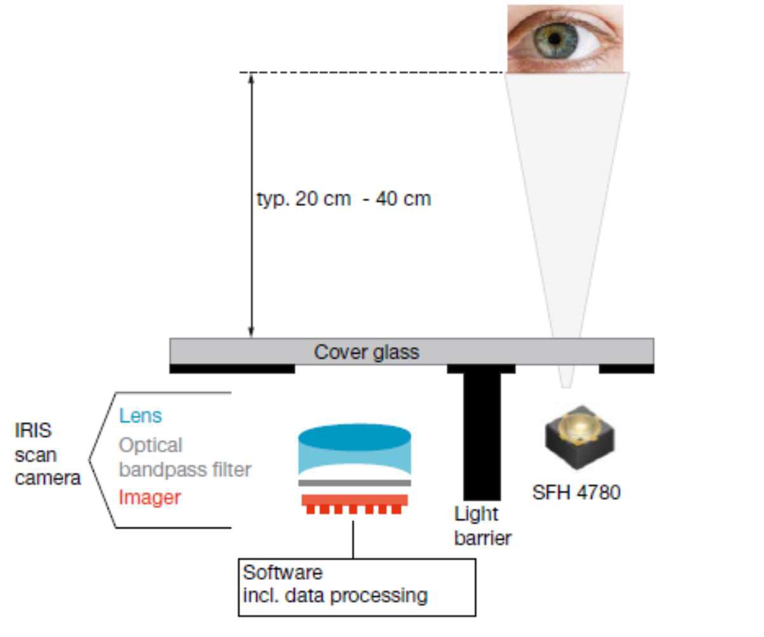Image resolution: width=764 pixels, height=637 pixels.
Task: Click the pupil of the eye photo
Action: [x=555, y=39]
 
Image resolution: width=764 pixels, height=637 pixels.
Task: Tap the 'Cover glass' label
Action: [x=366, y=352]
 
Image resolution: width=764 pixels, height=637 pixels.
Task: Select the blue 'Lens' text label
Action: [x=140, y=416]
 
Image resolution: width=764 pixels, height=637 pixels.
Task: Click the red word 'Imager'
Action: [x=149, y=498]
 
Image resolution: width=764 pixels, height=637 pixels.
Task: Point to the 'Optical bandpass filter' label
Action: [x=185, y=458]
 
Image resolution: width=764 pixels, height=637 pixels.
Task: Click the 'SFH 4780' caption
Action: [x=576, y=493]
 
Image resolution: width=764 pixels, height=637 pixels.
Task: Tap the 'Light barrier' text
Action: [x=482, y=526]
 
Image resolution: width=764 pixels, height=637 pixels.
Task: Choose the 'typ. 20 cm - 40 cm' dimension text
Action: [x=344, y=200]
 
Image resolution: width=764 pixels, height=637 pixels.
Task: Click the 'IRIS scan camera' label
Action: [x=48, y=455]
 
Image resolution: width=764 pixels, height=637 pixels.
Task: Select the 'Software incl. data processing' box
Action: [x=357, y=587]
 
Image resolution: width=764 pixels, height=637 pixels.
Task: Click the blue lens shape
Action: [x=355, y=450]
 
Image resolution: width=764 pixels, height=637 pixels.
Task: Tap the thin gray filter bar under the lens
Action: [x=355, y=483]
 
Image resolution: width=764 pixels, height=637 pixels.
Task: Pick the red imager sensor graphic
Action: [x=355, y=503]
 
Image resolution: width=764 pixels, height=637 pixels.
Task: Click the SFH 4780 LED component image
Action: [x=580, y=437]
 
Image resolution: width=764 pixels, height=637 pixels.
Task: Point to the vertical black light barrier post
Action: [x=482, y=436]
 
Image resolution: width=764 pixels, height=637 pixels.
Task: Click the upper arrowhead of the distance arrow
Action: [x=251, y=78]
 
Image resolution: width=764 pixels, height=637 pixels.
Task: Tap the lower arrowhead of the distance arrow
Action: [x=251, y=332]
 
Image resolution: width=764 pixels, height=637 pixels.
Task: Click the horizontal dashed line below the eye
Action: [x=372, y=72]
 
